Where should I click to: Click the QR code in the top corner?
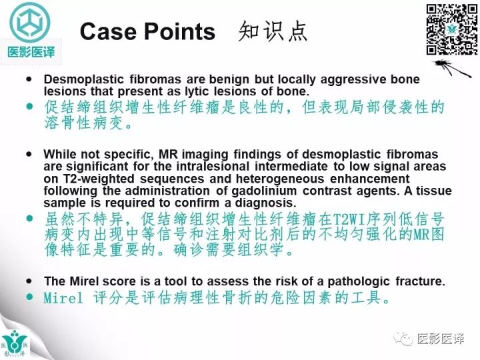[451, 29]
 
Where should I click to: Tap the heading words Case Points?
[147, 31]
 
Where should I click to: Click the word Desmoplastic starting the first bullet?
[81, 79]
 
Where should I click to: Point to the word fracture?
[421, 281]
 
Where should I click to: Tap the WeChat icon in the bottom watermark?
[403, 339]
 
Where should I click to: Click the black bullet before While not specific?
[29, 154]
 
